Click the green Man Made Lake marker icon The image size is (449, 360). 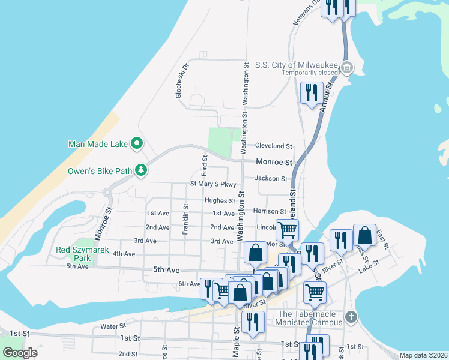137,143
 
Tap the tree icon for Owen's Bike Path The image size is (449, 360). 141,171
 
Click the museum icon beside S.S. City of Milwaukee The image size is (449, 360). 346,68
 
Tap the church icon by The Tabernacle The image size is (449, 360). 351,317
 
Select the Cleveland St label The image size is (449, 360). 273,146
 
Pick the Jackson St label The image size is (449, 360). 271,178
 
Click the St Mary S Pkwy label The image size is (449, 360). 213,184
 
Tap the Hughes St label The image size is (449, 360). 220,201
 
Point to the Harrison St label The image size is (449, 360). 269,211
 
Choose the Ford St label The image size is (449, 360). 205,162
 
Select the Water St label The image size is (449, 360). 112,326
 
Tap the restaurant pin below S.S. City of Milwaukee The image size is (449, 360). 310,93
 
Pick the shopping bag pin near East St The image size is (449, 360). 364,236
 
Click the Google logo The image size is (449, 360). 20,353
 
